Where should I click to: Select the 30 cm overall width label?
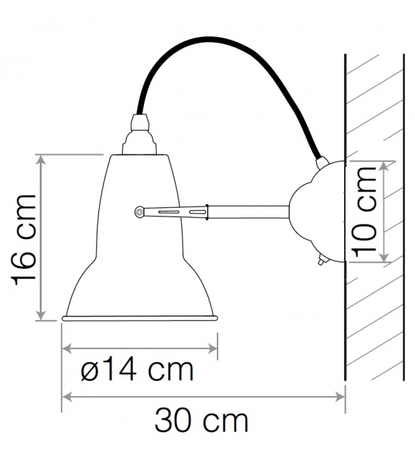[201, 420]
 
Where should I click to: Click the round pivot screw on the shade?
[139, 211]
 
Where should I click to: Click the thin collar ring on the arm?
[208, 211]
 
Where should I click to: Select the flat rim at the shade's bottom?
[140, 317]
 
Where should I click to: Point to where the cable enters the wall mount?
[320, 161]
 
